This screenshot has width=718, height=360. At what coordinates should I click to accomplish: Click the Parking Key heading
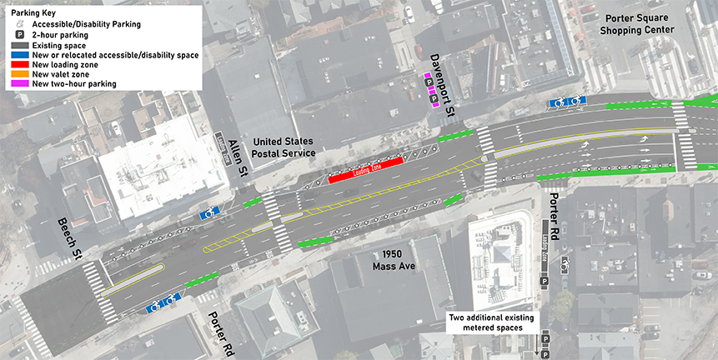[x=31, y=12]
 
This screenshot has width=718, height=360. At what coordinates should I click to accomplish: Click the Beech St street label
[x=69, y=237]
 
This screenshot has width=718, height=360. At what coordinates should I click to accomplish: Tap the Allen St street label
[x=238, y=158]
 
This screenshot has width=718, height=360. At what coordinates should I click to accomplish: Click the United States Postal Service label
[x=284, y=147]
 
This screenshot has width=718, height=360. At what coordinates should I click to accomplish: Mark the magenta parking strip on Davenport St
[x=431, y=90]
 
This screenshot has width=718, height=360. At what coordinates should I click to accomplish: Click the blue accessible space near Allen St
[x=208, y=213]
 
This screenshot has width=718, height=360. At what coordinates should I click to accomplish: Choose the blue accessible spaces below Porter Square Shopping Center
[x=566, y=102]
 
